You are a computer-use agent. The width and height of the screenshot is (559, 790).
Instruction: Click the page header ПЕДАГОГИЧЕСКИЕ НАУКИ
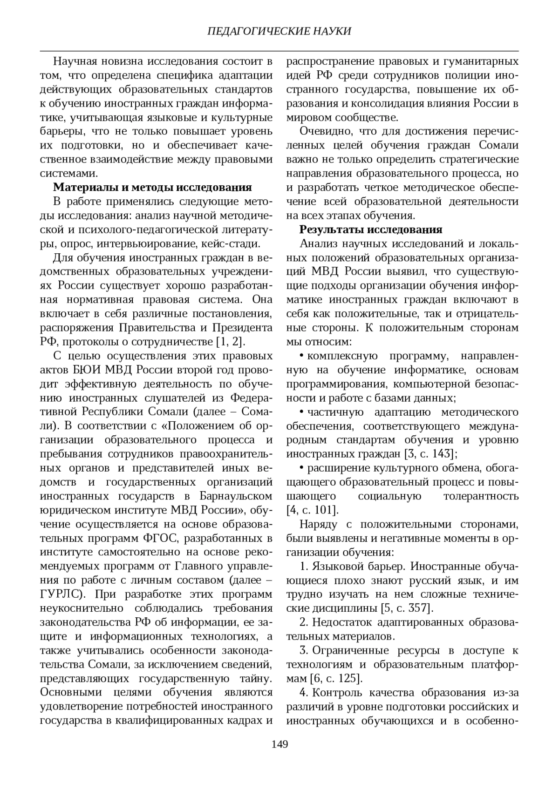click(x=279, y=31)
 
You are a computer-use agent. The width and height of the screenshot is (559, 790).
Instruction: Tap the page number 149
click(x=279, y=743)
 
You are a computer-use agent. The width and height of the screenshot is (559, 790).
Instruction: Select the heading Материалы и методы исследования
click(x=153, y=188)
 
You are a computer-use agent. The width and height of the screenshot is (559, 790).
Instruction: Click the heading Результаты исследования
click(x=371, y=230)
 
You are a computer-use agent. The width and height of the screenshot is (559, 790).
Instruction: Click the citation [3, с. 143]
click(x=429, y=453)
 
